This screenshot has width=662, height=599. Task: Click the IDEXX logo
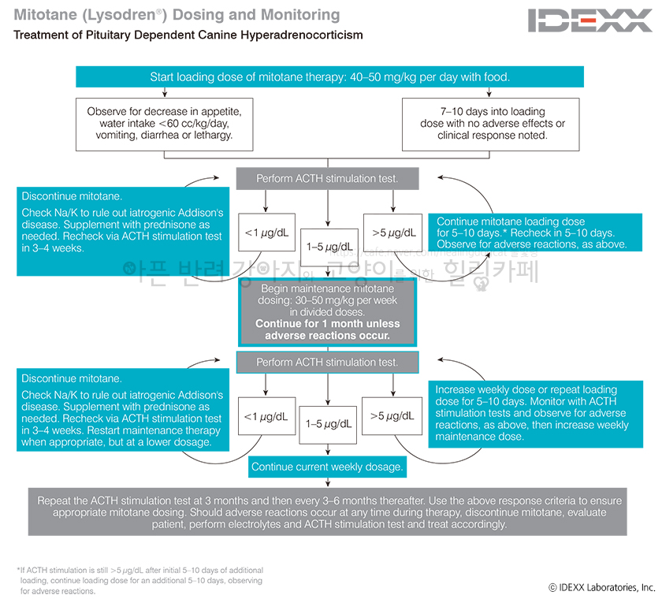pyautogui.click(x=590, y=20)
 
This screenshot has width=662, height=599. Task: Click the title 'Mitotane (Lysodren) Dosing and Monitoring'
pyautogui.click(x=177, y=15)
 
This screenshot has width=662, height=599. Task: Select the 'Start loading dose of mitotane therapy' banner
pyautogui.click(x=329, y=77)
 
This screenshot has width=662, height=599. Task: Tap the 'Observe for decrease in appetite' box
pyautogui.click(x=170, y=123)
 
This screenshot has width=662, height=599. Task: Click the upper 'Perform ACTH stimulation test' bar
pyautogui.click(x=327, y=179)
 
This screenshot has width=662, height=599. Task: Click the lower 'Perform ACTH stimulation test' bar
pyautogui.click(x=327, y=363)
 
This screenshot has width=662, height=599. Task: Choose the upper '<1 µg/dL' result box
pyautogui.click(x=265, y=233)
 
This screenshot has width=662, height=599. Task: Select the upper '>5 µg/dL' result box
pyautogui.click(x=394, y=233)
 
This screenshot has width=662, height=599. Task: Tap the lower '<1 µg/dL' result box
pyautogui.click(x=265, y=416)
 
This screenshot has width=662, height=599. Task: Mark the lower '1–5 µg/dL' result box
pyautogui.click(x=329, y=424)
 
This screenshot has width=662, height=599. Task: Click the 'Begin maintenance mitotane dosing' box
pyautogui.click(x=327, y=312)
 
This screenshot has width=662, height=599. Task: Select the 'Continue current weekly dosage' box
pyautogui.click(x=327, y=467)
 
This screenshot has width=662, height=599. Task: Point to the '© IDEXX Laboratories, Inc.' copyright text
pyautogui.click(x=601, y=587)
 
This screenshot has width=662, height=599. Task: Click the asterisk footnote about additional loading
pyautogui.click(x=140, y=580)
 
